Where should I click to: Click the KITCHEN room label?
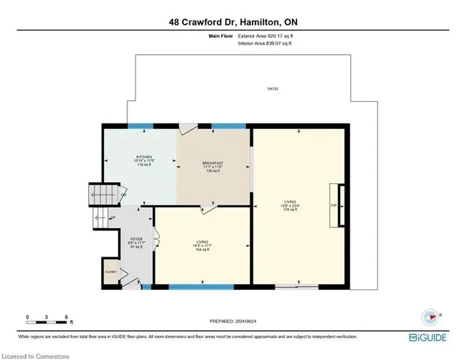143,157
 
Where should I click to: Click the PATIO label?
272,89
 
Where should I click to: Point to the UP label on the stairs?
113,218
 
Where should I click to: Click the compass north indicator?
430,316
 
